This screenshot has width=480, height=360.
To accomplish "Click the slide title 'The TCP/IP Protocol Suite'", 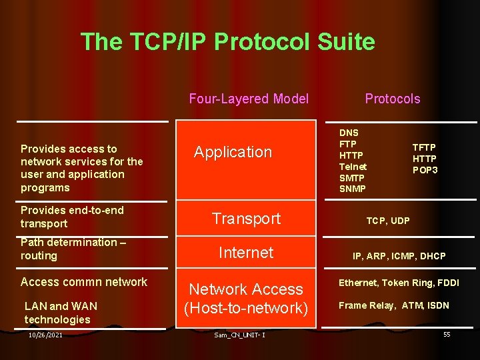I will pos(227,42).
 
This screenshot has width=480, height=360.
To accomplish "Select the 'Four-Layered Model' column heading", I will pos(249,99).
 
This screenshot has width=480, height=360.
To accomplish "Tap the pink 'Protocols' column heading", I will pos(392,99).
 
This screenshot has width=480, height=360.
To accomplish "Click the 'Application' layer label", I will pos(233,152).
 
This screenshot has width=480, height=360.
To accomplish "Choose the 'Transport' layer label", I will pos(246,218).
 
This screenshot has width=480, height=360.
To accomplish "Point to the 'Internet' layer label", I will pos(246,253).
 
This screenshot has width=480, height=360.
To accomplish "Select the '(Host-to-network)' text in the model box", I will pos(246,308).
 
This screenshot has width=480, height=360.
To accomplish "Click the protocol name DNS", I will pos(349,133).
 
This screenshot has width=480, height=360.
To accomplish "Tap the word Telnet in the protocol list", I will pos(353,166).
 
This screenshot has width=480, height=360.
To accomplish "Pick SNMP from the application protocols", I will pos(352,189).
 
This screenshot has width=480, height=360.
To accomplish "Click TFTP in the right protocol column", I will pos(424,147).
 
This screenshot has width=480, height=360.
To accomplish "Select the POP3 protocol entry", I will pos(425,170).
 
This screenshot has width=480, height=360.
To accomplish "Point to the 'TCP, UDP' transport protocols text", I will pos(388,221).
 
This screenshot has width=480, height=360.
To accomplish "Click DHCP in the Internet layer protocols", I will pos(433,256).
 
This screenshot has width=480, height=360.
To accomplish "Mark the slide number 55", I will pos(447,334).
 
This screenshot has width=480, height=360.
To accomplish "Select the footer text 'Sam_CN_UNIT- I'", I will pos(240,335).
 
